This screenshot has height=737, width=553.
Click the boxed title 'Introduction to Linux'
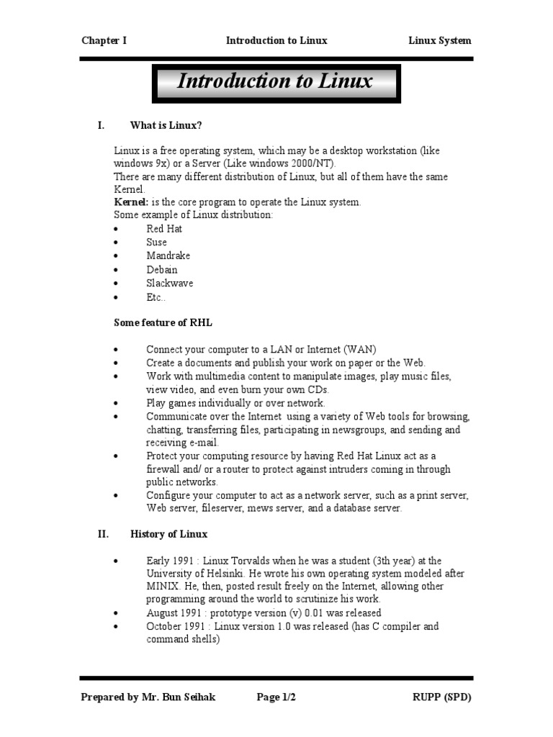point(274,81)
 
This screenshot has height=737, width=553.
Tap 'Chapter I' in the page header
point(104,40)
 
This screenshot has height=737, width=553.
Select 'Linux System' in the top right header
point(439,40)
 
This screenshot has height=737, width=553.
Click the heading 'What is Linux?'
point(166,125)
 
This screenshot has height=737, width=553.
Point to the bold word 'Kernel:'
point(132,202)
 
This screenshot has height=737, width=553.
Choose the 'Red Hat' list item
point(164,229)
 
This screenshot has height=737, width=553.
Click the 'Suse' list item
point(156,243)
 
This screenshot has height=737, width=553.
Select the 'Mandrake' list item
point(168,256)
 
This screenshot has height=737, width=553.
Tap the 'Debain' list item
point(161,270)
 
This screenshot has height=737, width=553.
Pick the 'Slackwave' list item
point(169,284)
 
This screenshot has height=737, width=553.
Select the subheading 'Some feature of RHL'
point(163,322)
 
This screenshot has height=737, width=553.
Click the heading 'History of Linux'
point(168,534)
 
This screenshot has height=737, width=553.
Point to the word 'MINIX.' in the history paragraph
point(165,587)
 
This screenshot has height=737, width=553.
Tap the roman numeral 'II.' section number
point(103,534)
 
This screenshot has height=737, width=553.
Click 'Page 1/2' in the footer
point(276,697)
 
